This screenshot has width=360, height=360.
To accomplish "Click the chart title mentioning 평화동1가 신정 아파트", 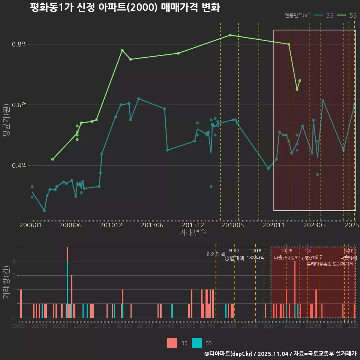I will pyautogui.click(x=125, y=8).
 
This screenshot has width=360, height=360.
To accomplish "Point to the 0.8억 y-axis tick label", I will pyautogui.click(x=19, y=44).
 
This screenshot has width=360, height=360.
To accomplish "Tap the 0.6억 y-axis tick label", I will pyautogui.click(x=19, y=105).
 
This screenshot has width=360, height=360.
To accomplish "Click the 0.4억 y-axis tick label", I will pyautogui.click(x=19, y=165).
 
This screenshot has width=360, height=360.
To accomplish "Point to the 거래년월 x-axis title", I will pyautogui.click(x=193, y=233).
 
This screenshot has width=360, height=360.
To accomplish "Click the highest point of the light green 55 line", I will pyautogui.click(x=230, y=35).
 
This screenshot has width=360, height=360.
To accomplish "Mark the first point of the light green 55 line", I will pyautogui.click(x=52, y=159).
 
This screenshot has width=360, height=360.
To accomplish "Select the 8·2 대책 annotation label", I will pyautogui.click(x=216, y=254).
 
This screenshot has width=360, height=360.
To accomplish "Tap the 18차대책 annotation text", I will pyautogui.click(x=256, y=258).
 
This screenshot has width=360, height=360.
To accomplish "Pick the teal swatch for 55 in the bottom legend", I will pyautogui.click(x=196, y=343).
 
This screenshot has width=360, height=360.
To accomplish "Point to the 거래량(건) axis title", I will pyautogui.click(x=6, y=282).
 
